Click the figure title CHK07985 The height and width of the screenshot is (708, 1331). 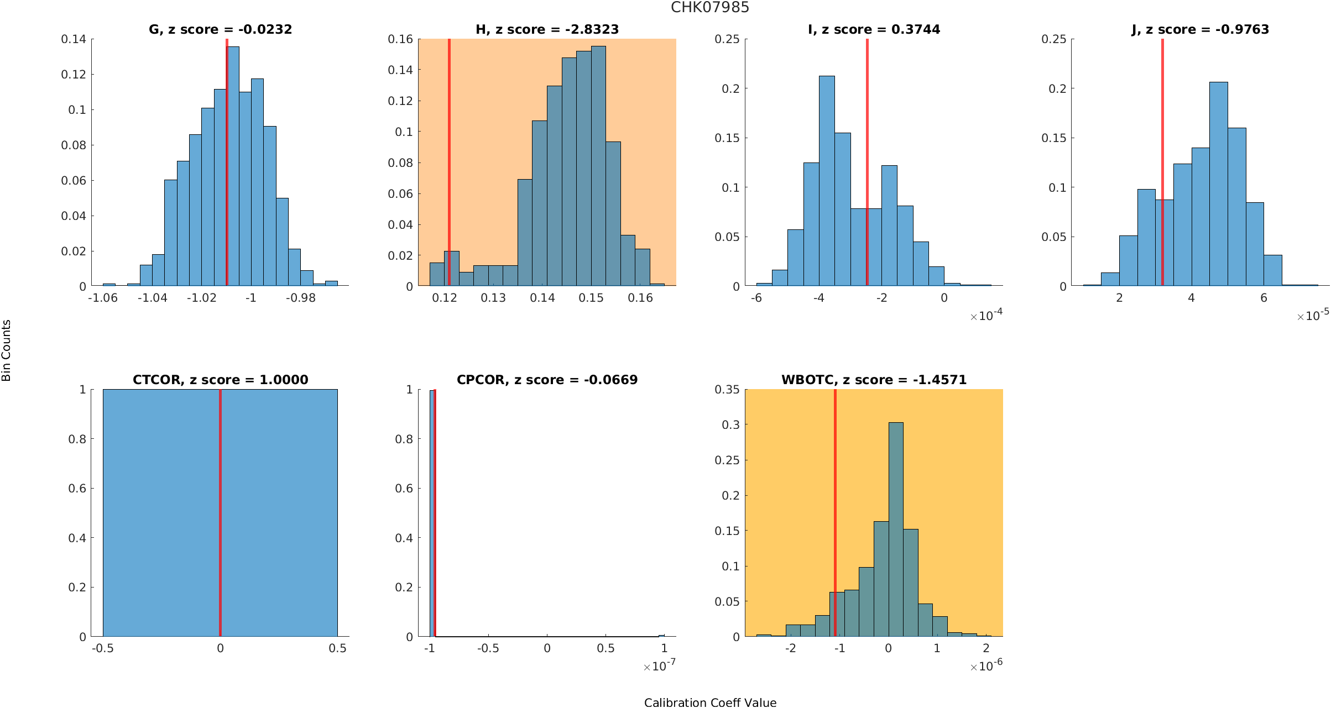click(x=709, y=8)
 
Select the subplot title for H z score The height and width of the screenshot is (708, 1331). click(x=547, y=29)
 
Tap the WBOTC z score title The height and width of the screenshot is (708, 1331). click(x=874, y=380)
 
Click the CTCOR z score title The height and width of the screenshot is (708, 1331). click(x=220, y=380)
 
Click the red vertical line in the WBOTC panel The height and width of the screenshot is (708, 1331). click(x=835, y=497)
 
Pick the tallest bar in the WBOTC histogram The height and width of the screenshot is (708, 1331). click(x=896, y=525)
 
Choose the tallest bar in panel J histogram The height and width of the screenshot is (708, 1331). click(x=1219, y=182)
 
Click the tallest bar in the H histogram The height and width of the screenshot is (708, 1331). click(x=598, y=166)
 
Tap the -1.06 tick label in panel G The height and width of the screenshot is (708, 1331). click(x=103, y=298)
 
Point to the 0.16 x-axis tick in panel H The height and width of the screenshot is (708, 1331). click(x=640, y=298)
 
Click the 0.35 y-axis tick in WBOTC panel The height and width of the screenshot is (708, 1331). click(x=727, y=390)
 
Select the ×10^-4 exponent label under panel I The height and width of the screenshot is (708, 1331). click(x=986, y=316)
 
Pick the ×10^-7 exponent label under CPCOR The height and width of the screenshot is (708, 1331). click(x=659, y=666)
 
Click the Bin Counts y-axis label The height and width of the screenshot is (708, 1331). click(x=7, y=350)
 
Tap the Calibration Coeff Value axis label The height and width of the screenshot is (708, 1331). click(x=710, y=702)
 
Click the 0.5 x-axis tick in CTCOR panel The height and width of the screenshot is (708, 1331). click(x=337, y=648)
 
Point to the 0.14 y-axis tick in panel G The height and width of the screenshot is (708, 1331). click(x=74, y=39)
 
